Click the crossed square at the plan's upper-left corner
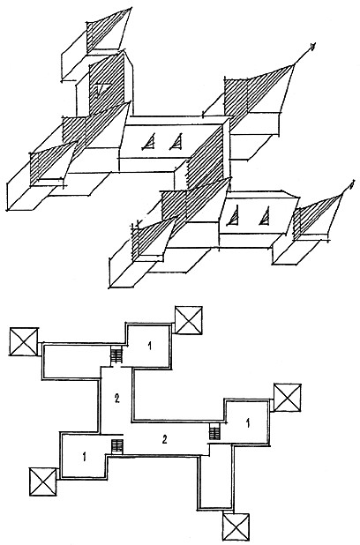click(24, 341)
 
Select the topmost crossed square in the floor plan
click(189, 320)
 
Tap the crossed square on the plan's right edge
click(288, 398)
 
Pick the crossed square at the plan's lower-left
click(43, 482)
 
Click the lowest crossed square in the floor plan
click(236, 527)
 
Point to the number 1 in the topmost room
click(150, 346)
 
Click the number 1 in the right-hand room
click(248, 422)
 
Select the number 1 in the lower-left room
click(85, 456)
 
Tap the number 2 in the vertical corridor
click(117, 399)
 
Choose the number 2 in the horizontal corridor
click(165, 439)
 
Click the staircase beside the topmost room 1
click(116, 356)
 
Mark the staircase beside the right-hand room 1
click(215, 433)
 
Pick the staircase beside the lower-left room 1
click(117, 446)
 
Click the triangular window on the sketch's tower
click(102, 88)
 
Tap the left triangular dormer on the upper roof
click(149, 142)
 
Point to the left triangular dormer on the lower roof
click(235, 215)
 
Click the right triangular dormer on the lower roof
click(265, 215)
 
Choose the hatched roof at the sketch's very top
click(107, 31)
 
